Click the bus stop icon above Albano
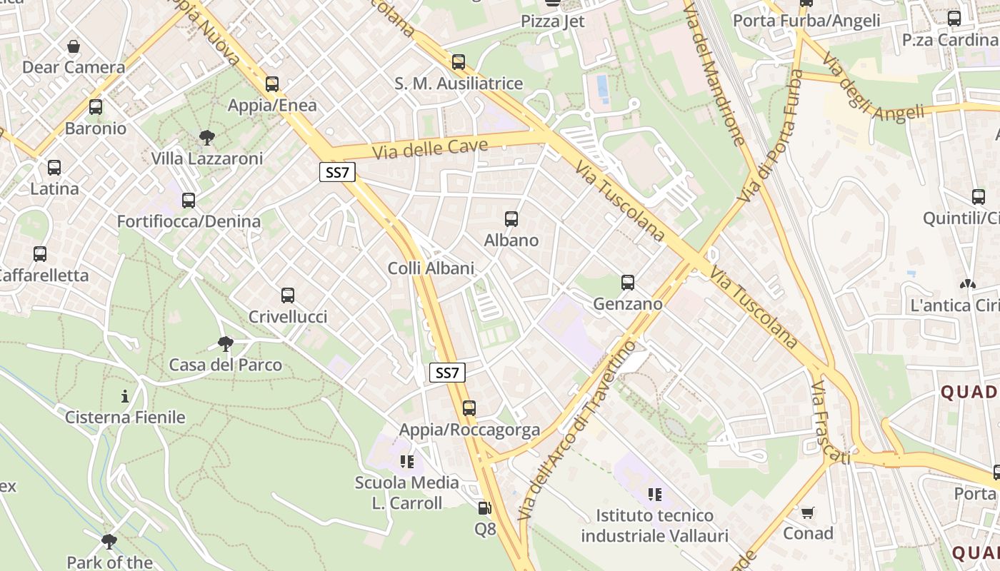[x=511, y=219]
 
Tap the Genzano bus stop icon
[x=628, y=283]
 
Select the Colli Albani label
[x=431, y=268]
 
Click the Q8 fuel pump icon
[x=485, y=508]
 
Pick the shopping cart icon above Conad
[x=808, y=512]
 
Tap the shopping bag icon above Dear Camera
[x=74, y=47]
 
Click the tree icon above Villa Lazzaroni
[x=207, y=137]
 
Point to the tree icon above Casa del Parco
[x=226, y=344]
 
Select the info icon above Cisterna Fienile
[x=126, y=396]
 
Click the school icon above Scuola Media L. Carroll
[x=407, y=462]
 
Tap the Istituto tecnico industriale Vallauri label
[x=654, y=526]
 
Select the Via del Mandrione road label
[x=715, y=71]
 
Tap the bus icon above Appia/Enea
[x=272, y=84]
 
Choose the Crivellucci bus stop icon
[x=288, y=295]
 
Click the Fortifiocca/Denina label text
[x=189, y=221]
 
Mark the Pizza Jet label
[x=553, y=21]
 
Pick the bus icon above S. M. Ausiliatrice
[x=459, y=62]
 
